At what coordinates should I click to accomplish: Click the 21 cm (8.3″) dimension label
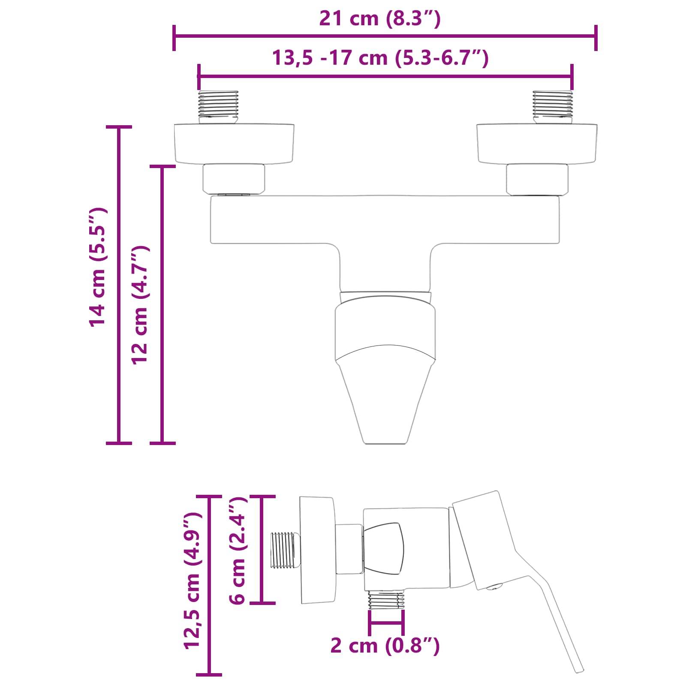coord(380,19)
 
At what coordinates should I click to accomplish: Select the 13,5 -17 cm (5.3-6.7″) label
coord(380,58)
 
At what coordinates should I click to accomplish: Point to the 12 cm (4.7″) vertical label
coord(140,305)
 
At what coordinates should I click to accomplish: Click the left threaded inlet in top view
coord(218,106)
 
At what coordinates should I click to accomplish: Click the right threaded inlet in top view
coord(553,106)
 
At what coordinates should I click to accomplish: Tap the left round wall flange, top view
coord(234,144)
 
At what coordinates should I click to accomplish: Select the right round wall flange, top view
coord(537,144)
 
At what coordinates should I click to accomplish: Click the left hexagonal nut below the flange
coord(234,178)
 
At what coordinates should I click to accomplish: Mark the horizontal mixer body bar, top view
coord(384,220)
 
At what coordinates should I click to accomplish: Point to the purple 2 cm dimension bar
coord(386,623)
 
